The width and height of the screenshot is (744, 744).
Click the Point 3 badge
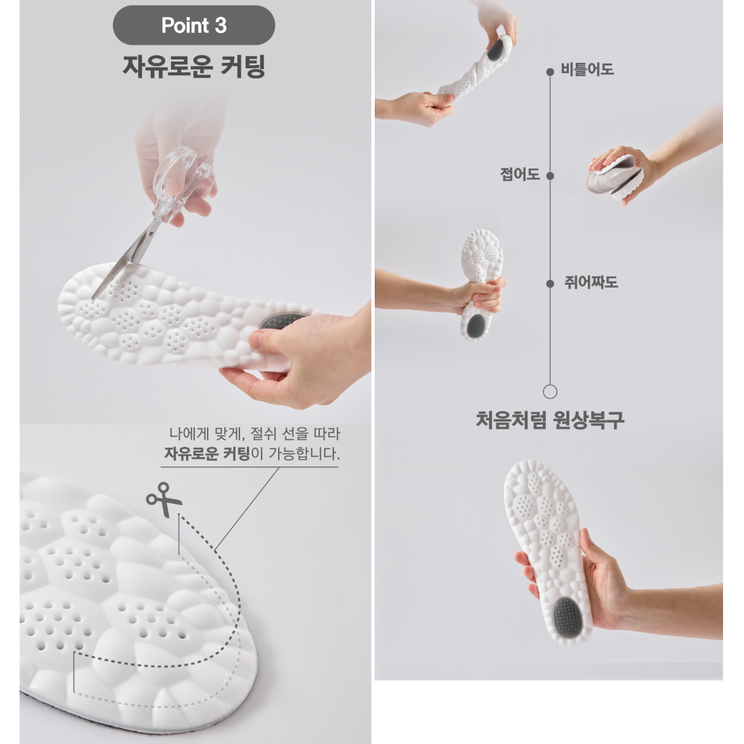click(193, 25)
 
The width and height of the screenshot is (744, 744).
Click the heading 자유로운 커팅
click(193, 66)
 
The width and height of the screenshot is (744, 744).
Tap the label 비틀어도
click(587, 69)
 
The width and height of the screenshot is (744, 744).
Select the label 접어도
click(519, 174)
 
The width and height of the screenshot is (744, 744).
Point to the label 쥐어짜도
click(590, 282)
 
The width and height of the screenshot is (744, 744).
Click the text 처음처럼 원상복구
click(549, 419)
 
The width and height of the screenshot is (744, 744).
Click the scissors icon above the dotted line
click(164, 499)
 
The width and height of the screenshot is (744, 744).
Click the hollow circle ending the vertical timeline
click(550, 392)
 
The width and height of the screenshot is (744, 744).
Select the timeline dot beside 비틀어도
click(550, 72)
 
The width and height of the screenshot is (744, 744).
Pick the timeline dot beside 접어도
click(551, 176)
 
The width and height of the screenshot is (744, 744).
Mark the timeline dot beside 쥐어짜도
click(551, 284)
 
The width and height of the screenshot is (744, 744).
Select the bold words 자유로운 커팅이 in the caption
click(214, 454)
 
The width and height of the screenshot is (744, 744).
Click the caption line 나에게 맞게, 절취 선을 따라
click(255, 433)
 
